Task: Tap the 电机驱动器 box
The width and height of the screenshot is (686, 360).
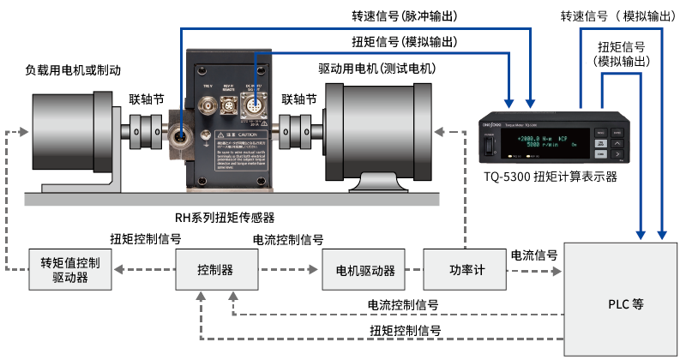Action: (365, 271)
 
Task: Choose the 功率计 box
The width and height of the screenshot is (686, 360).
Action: (467, 271)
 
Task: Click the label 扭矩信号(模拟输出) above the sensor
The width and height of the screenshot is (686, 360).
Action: (404, 42)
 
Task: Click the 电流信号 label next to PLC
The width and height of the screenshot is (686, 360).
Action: (534, 255)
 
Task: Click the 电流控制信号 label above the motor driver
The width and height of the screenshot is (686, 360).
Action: (288, 239)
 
